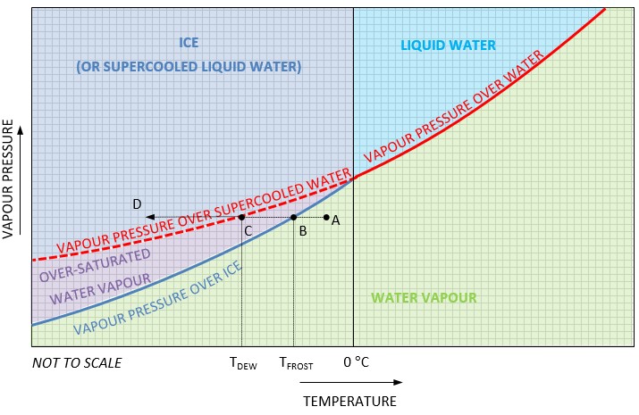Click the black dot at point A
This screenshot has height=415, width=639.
[326, 217]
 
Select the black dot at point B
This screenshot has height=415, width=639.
[293, 217]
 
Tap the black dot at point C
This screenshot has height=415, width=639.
[241, 217]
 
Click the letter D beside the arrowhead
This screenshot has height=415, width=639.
[137, 204]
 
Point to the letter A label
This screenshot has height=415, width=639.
[335, 221]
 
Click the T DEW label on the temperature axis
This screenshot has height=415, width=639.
[243, 364]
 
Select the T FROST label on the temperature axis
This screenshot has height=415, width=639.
[296, 364]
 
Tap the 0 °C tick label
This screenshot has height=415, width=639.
[357, 363]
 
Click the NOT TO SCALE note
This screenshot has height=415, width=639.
[77, 363]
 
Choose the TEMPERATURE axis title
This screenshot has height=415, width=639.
[349, 401]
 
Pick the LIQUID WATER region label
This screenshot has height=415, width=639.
[448, 46]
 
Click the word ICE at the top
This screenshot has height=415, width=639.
[189, 42]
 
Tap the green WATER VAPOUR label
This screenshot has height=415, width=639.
[424, 298]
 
